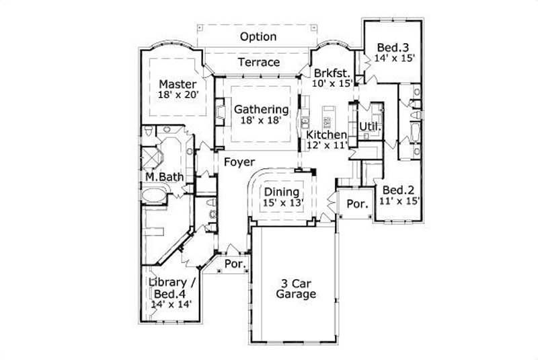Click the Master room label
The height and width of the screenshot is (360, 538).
178,84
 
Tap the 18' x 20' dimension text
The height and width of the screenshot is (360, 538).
178,96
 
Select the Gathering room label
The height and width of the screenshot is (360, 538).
261,109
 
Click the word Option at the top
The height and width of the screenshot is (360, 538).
258,37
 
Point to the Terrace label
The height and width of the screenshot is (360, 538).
259,63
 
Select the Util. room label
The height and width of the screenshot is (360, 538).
369,127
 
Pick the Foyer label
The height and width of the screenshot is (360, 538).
239,161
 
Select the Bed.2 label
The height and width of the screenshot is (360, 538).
395,189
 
